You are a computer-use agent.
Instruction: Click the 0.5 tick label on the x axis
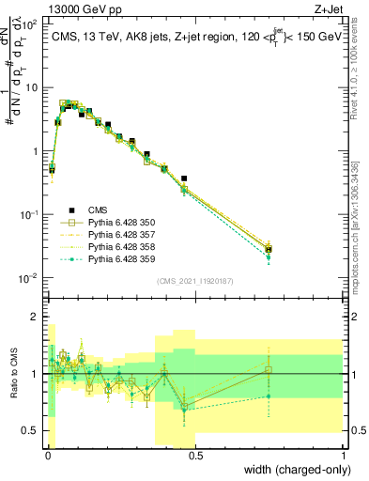[x=195, y=456]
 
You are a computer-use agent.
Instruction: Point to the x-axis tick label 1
[x=345, y=456]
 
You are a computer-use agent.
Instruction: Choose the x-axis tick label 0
[x=47, y=456]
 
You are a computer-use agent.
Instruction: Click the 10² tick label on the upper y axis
[x=29, y=23]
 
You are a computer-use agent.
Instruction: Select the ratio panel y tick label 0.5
[x=29, y=430]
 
